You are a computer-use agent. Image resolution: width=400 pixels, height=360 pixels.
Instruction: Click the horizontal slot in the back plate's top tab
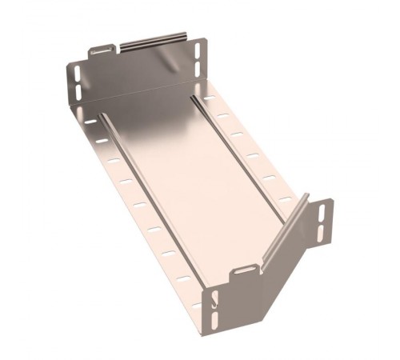102,50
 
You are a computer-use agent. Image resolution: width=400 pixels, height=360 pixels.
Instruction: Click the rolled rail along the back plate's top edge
152,40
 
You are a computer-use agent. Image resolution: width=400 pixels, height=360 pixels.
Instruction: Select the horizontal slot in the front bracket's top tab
246,274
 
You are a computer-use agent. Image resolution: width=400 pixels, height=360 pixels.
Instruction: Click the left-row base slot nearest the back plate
90,122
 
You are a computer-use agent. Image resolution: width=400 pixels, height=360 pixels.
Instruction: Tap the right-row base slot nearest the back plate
210,98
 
